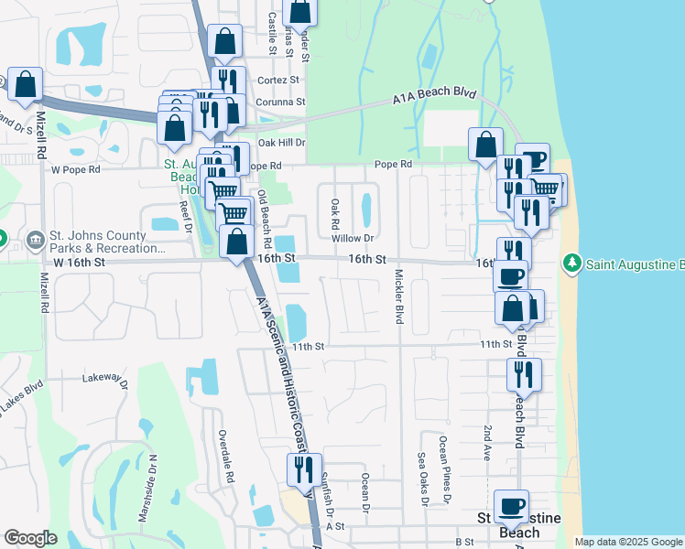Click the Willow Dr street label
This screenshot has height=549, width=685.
pyautogui.click(x=356, y=238)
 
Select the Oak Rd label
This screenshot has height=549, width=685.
pyautogui.click(x=335, y=214)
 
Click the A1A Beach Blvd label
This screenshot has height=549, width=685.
pyautogui.click(x=435, y=94)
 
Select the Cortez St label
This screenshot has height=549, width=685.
pyautogui.click(x=281, y=80)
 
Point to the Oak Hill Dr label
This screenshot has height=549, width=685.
pyautogui.click(x=281, y=143)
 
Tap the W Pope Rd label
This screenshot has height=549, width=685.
pyautogui.click(x=76, y=169)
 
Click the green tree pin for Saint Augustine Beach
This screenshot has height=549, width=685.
pyautogui.click(x=572, y=264)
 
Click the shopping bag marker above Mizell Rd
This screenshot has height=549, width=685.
pyautogui.click(x=26, y=85)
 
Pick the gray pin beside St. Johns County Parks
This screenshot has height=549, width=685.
pyautogui.click(x=36, y=240)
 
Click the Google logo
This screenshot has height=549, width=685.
pyautogui.click(x=31, y=538)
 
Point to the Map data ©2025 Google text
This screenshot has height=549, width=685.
pyautogui.click(x=627, y=542)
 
